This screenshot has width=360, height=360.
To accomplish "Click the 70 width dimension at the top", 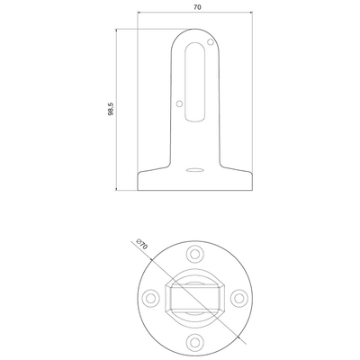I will [x=195, y=8].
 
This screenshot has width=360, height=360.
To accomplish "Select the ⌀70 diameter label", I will [x=139, y=244].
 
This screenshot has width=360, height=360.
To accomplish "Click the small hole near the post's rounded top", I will [x=211, y=40].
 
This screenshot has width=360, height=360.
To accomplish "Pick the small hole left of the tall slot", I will [x=179, y=104].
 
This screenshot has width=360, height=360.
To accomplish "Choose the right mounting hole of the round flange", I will [x=238, y=295].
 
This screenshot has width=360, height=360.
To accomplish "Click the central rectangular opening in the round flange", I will [x=195, y=296].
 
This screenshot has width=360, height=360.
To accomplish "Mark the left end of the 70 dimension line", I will [x=137, y=14].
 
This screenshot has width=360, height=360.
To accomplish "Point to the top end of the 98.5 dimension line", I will [x=117, y=28].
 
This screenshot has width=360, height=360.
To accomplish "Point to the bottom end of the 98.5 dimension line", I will [x=117, y=191].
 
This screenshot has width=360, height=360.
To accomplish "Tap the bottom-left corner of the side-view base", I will [x=137, y=189].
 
